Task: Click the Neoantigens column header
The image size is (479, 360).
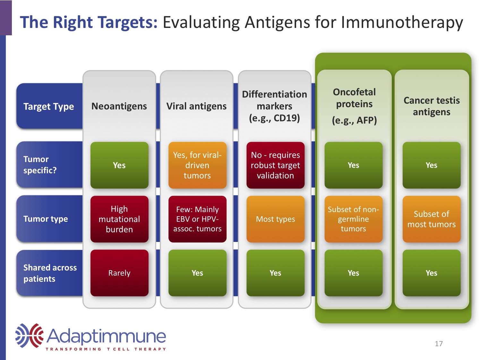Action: pos(119,106)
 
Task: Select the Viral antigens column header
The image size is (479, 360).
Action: pos(196,106)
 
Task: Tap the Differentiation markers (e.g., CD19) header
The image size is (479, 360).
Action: pos(274,106)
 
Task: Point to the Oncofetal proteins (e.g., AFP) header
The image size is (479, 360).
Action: pos(354,106)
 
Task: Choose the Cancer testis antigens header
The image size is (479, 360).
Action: pos(432,106)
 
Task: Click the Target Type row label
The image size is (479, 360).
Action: pos(48,107)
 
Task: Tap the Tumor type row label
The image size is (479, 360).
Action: pos(46,219)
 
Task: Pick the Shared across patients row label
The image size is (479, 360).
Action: pos(50,273)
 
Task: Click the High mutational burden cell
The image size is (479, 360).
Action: pos(119,219)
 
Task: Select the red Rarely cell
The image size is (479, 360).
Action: pos(119,273)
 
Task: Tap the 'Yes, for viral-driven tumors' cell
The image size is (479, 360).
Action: pos(197,165)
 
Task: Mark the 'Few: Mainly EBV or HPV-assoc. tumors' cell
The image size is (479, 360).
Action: pos(197,219)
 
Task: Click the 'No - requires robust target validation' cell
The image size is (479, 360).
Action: pos(275,165)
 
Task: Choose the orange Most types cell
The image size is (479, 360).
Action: pos(275,219)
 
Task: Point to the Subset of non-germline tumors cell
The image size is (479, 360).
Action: pos(353,219)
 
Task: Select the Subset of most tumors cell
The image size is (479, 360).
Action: pos(432,219)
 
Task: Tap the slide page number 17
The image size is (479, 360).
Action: pos(439,344)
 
